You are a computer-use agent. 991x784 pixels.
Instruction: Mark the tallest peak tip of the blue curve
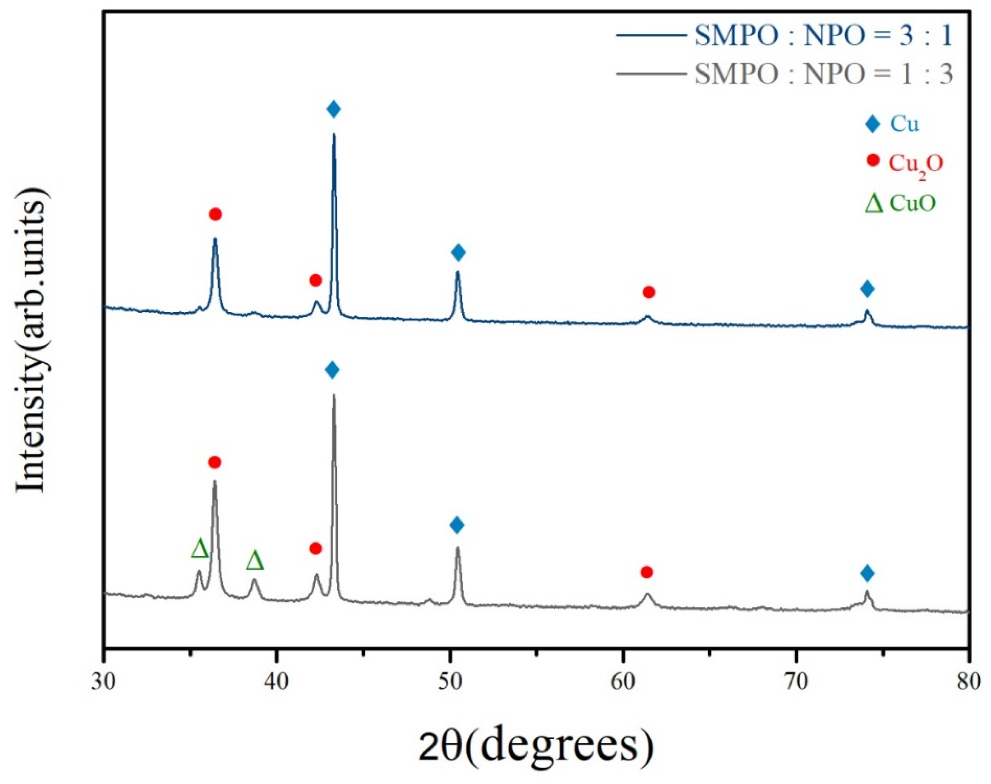(334, 135)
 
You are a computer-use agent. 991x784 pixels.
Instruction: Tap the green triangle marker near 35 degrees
(200, 549)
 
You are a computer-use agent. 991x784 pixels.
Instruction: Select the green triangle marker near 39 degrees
(255, 561)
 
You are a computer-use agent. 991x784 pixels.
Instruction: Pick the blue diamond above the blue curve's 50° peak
(458, 252)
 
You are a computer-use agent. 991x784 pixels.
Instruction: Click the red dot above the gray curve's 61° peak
(646, 572)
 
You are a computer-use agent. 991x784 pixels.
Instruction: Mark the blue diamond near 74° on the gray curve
(867, 573)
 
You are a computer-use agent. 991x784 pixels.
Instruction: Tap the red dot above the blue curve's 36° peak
(215, 214)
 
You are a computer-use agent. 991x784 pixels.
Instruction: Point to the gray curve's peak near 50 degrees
(457, 547)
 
